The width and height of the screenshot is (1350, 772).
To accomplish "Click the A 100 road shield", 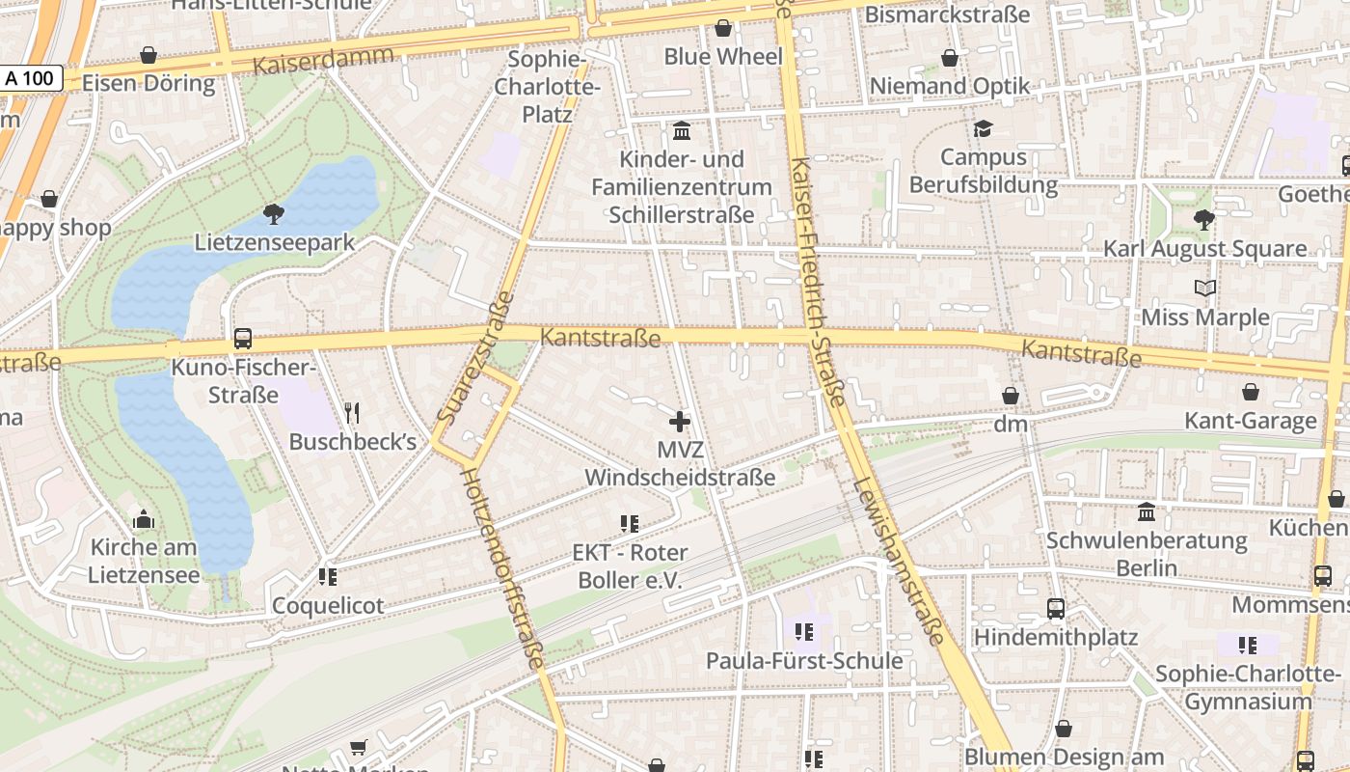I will click(31, 78).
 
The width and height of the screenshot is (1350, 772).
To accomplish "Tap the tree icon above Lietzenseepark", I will click(274, 214).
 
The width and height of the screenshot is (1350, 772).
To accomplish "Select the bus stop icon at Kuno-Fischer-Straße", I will click(243, 339).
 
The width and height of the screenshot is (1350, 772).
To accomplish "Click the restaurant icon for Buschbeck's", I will click(352, 413).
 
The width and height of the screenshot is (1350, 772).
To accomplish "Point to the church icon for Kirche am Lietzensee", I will click(144, 519).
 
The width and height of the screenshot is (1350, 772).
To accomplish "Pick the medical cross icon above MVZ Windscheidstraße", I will click(680, 421).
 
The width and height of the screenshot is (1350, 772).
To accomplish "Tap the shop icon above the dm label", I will click(1011, 396).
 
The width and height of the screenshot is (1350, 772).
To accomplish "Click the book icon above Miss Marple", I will click(1204, 288).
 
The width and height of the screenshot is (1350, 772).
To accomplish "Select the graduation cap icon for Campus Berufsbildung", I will click(983, 128).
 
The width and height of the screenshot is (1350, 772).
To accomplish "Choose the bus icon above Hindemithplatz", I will click(1056, 609).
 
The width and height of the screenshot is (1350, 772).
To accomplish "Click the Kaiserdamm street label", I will click(324, 60).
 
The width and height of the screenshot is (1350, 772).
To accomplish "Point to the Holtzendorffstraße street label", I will click(501, 568).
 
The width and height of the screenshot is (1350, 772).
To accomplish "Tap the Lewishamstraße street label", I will click(897, 560).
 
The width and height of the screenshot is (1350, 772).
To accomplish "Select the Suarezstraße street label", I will click(473, 358).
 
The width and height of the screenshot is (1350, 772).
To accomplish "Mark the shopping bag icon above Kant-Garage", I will click(1251, 392).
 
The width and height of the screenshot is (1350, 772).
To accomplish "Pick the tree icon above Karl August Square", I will click(1203, 219).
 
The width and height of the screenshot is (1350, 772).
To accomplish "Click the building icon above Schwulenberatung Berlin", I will click(1147, 510).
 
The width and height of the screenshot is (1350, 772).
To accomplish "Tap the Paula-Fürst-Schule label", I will click(804, 661).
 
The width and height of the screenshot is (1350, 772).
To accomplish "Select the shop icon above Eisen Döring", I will click(148, 55).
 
